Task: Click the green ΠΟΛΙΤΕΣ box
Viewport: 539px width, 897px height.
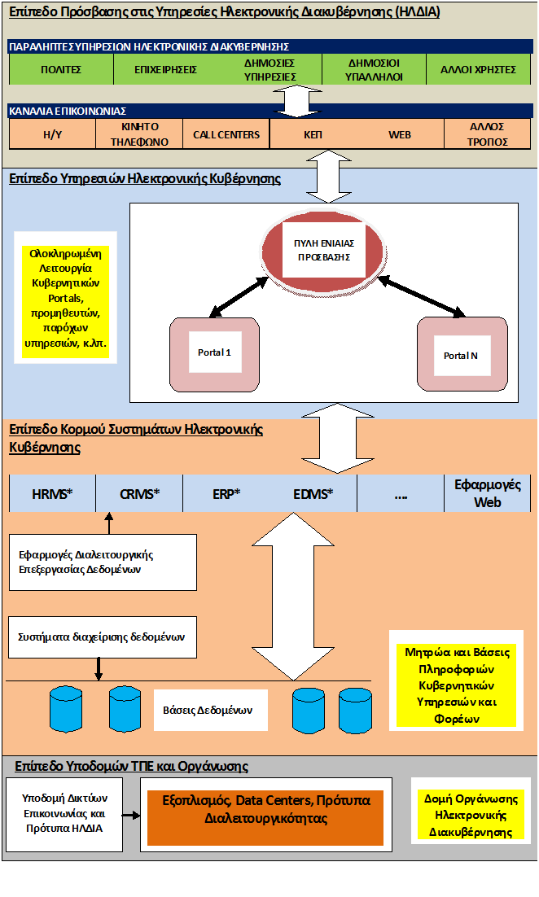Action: (61, 69)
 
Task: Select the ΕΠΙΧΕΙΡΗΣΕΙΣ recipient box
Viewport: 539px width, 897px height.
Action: (165, 69)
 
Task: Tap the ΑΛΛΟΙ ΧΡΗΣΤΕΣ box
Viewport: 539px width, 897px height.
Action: (479, 69)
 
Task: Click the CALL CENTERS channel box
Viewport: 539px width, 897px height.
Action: (226, 134)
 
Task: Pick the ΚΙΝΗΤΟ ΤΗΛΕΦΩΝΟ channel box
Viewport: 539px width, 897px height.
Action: (139, 134)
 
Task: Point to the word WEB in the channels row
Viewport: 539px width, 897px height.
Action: (400, 135)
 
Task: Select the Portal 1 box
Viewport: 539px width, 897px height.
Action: (215, 355)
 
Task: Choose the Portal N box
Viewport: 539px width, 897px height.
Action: (462, 355)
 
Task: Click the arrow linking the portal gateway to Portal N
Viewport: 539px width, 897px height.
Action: (421, 295)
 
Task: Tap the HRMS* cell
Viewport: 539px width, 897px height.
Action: (53, 494)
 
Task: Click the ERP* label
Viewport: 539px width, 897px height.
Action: (226, 494)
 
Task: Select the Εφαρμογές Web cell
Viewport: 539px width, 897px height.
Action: (488, 493)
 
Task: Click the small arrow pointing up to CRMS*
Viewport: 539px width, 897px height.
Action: (109, 523)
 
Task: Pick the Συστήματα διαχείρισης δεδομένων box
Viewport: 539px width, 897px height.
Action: (103, 637)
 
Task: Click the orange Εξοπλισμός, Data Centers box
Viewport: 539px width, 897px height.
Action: (265, 817)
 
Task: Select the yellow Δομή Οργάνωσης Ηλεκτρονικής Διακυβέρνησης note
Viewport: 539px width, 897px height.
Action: (471, 815)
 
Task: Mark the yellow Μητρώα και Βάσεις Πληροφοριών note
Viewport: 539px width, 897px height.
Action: (457, 685)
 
